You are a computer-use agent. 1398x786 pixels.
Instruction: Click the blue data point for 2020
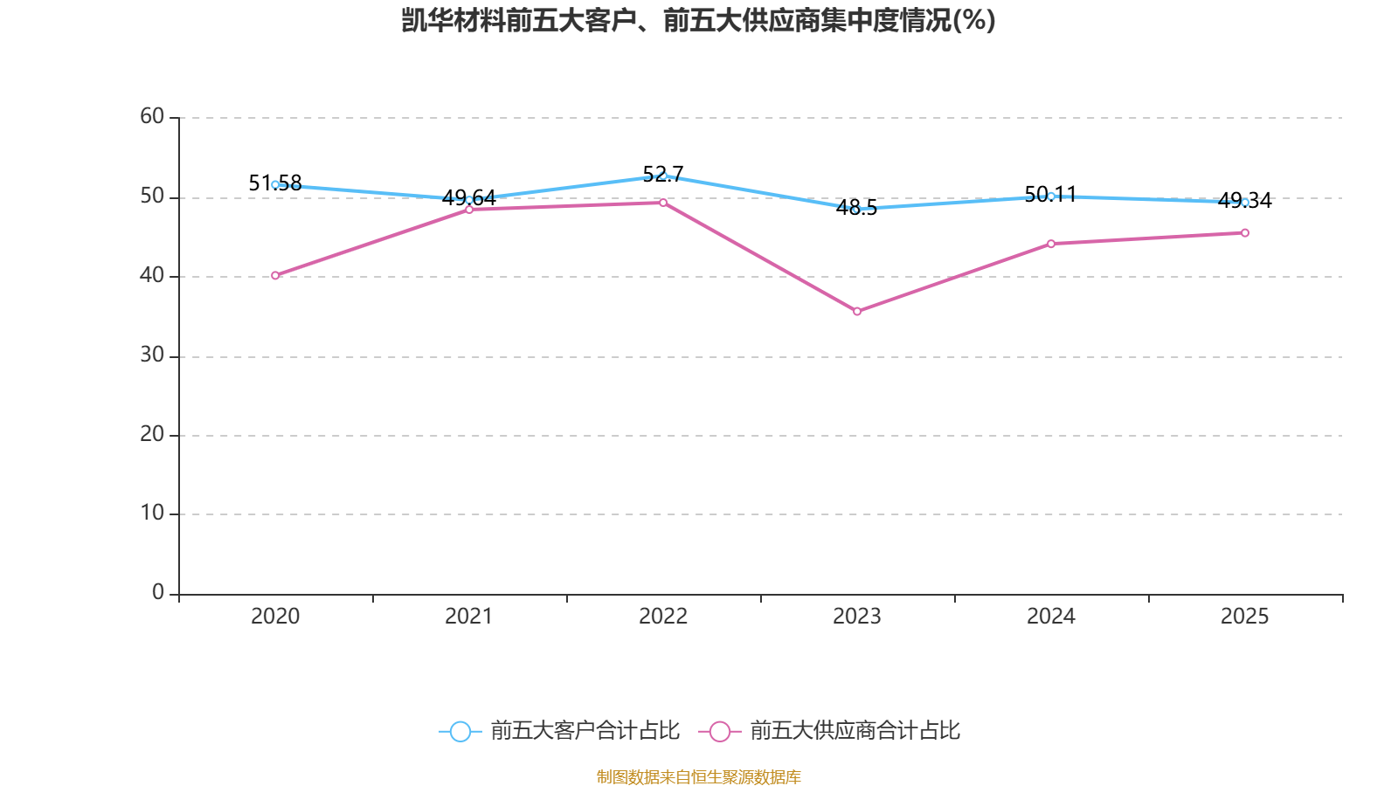point(275,184)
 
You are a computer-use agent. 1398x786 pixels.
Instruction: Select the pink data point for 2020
point(275,275)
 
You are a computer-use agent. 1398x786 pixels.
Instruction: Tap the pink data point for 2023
point(857,311)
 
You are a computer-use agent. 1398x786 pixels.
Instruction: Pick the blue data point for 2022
point(663,176)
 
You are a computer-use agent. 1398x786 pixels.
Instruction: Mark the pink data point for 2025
point(1245,232)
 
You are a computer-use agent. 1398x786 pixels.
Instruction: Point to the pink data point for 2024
point(1051,244)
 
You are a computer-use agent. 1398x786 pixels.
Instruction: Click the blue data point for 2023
point(857,210)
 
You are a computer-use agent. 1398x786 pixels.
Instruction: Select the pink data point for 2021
point(469,209)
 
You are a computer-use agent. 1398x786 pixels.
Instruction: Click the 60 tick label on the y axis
point(152,116)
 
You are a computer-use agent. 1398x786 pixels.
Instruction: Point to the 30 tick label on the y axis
point(152,355)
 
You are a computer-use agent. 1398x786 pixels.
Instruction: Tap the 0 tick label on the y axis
point(158,592)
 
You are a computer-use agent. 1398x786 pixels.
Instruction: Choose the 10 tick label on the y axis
point(152,513)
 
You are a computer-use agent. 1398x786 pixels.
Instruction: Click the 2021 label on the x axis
point(469,617)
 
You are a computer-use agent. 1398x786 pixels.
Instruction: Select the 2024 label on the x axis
point(1051,617)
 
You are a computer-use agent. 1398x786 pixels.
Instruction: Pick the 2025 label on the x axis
point(1245,617)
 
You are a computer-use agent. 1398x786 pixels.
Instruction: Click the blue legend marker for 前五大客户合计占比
point(460,731)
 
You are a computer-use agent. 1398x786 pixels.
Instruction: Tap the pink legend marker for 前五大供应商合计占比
point(720,731)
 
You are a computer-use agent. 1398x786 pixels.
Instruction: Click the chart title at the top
point(699,20)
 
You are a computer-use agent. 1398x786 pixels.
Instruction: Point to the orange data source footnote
point(699,776)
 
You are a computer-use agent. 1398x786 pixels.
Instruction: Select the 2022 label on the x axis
point(663,617)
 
